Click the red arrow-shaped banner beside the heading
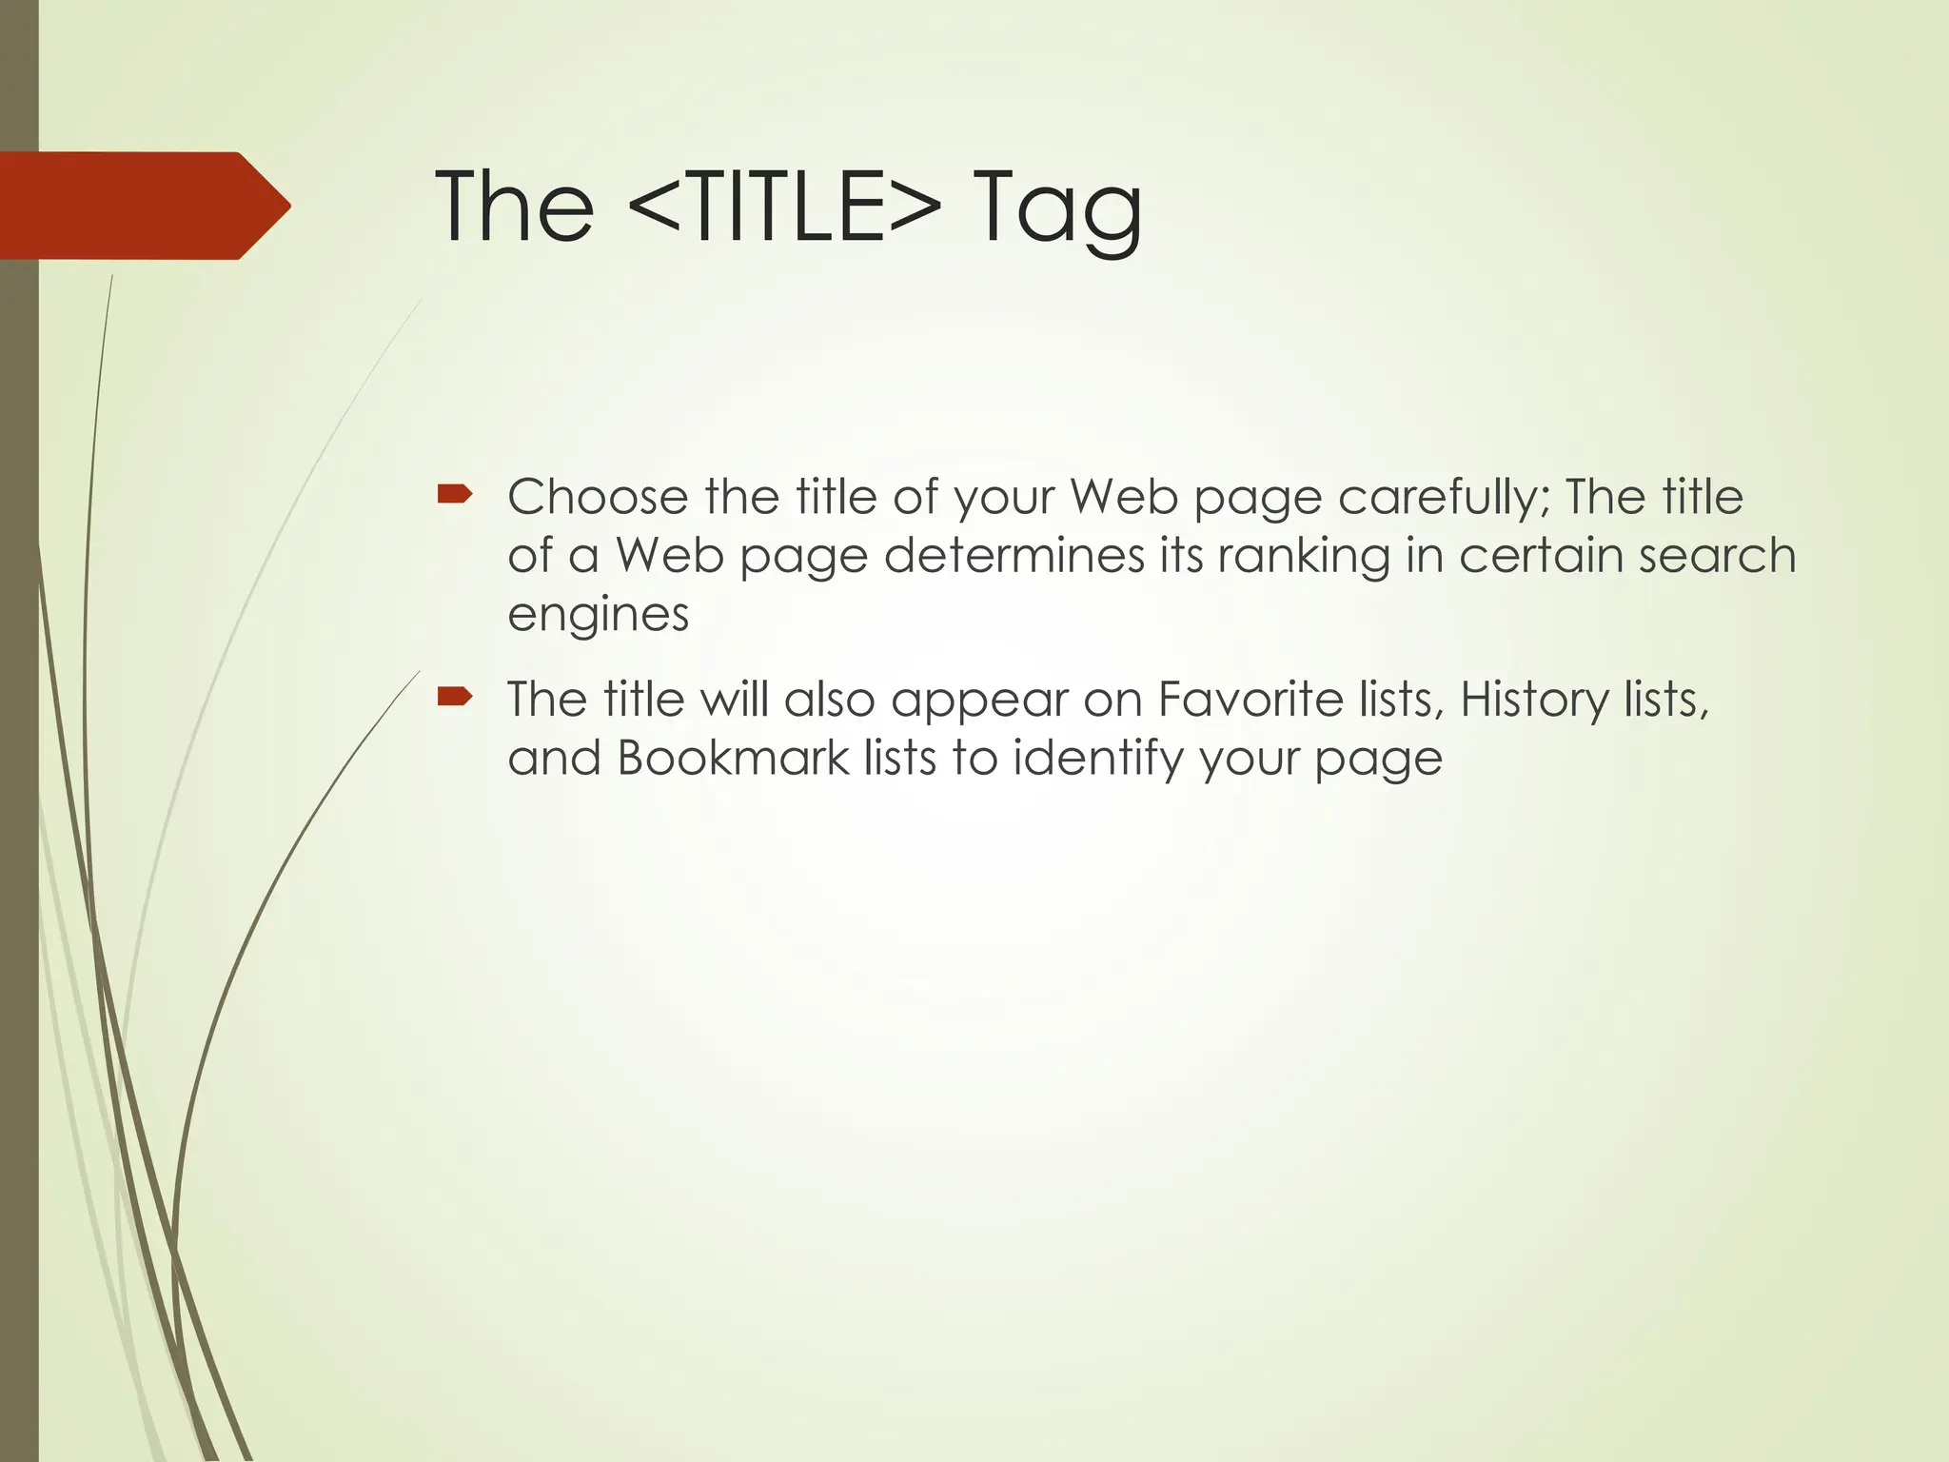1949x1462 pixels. coord(143,206)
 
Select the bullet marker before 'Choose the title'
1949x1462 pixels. coord(454,493)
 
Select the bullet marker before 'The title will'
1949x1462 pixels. coord(454,697)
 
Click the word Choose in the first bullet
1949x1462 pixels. coord(598,497)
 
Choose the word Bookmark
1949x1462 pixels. coord(733,759)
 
